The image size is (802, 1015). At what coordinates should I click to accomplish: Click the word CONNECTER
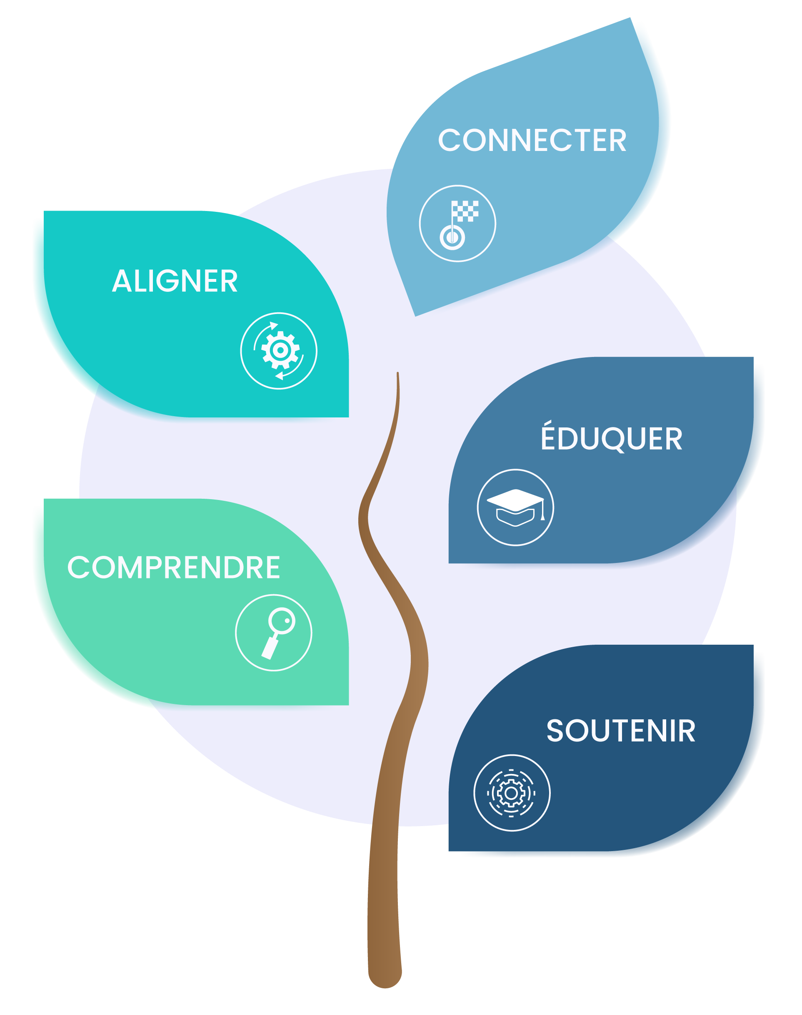tap(532, 140)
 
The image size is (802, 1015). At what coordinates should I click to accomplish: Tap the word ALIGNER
tap(175, 281)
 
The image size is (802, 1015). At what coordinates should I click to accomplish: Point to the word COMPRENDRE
tap(174, 567)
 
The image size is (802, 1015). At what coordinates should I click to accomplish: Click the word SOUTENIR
tap(620, 731)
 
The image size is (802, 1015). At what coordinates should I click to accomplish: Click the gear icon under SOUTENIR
tap(511, 793)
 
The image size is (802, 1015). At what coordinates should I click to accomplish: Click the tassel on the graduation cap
tap(542, 516)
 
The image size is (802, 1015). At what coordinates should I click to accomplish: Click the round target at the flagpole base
tap(452, 237)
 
